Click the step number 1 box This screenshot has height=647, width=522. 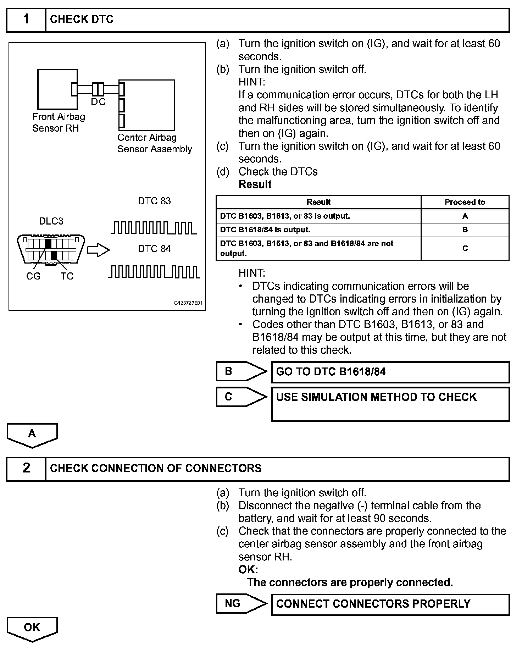[x=26, y=20]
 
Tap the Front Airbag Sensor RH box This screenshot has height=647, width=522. [x=57, y=89]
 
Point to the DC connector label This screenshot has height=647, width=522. [x=98, y=102]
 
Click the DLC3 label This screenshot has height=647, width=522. [x=51, y=221]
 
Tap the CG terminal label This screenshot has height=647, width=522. [x=33, y=276]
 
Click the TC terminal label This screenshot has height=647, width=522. [x=67, y=276]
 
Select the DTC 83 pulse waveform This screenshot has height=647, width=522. [x=154, y=228]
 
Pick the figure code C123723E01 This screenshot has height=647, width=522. [x=188, y=303]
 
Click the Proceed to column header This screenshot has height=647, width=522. [x=465, y=202]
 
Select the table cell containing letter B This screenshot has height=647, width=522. [x=465, y=230]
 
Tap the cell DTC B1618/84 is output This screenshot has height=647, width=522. [x=318, y=230]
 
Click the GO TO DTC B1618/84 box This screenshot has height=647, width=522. [x=390, y=372]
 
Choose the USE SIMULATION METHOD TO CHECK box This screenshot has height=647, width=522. [x=390, y=404]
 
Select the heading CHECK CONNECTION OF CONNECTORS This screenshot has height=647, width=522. [x=156, y=469]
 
